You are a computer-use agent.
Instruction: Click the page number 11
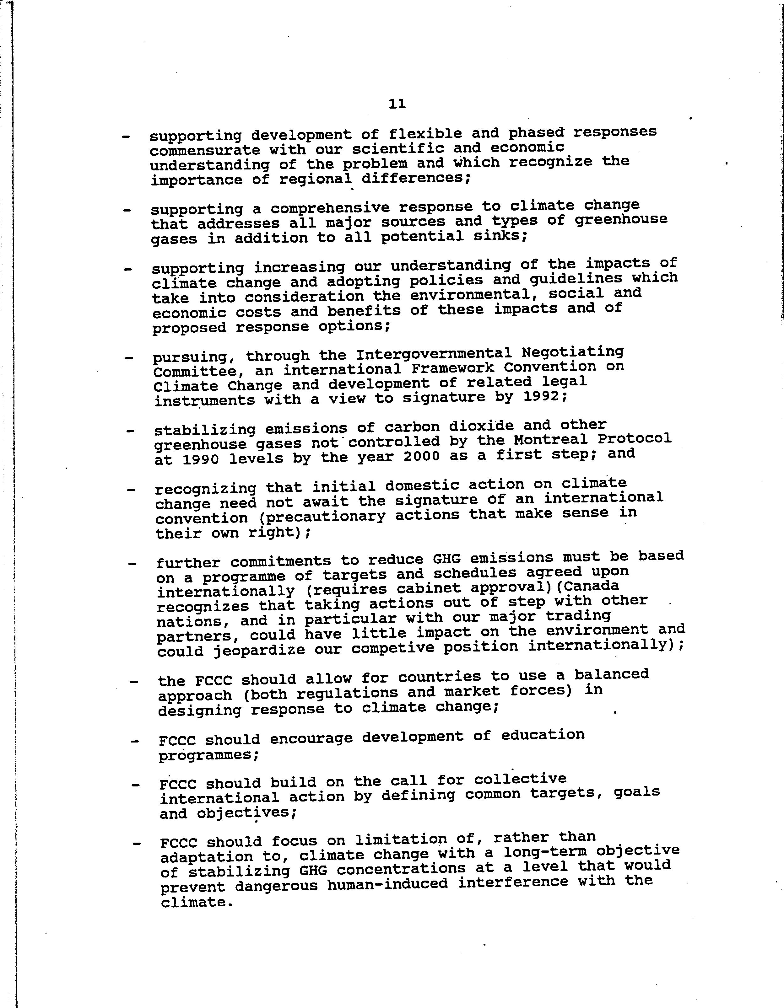coord(397,104)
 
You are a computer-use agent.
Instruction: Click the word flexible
coord(425,134)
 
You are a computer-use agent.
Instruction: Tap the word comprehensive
coord(330,208)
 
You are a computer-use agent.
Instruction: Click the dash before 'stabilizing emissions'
coord(131,432)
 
